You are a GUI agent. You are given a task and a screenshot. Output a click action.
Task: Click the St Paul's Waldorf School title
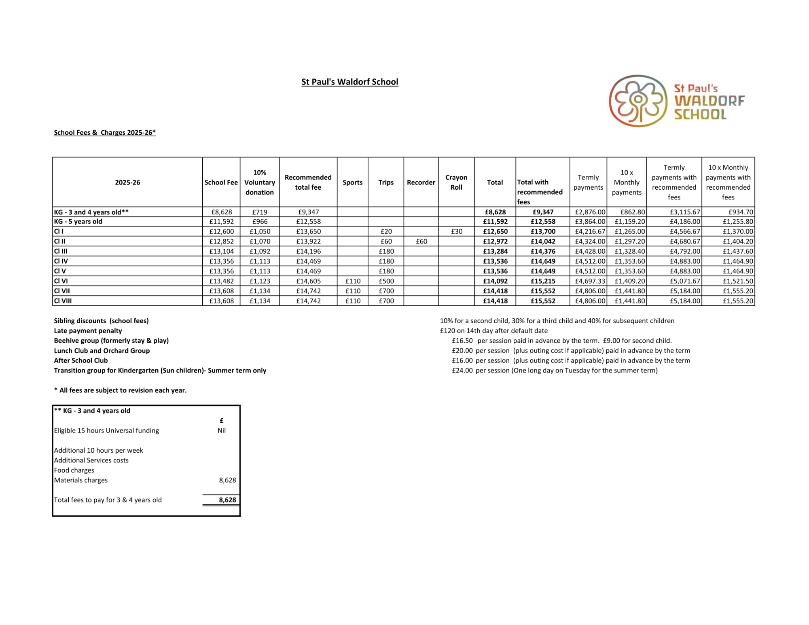pyautogui.click(x=349, y=82)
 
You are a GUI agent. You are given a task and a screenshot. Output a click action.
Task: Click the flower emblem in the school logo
pyautogui.click(x=638, y=101)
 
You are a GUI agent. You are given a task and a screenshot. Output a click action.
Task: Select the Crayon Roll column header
pyautogui.click(x=456, y=182)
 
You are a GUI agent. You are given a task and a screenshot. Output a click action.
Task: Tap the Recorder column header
pyautogui.click(x=421, y=182)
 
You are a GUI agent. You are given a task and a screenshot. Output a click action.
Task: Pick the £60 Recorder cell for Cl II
pyautogui.click(x=421, y=242)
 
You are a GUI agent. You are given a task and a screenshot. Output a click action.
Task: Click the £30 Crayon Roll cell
pyautogui.click(x=456, y=231)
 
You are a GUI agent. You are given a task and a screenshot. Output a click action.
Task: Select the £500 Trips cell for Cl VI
pyautogui.click(x=386, y=281)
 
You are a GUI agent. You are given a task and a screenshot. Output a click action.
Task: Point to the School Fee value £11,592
pyautogui.click(x=221, y=222)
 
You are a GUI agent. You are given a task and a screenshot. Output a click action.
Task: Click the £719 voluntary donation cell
pyautogui.click(x=259, y=212)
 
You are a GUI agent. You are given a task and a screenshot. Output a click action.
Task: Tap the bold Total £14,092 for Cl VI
pyautogui.click(x=495, y=281)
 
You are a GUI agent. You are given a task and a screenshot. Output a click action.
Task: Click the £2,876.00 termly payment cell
pyautogui.click(x=590, y=212)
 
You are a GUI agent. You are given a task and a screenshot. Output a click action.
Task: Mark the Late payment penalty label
pyautogui.click(x=88, y=331)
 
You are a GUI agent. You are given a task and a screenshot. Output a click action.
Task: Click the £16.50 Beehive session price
pyautogui.click(x=462, y=341)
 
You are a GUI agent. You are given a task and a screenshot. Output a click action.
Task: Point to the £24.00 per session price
pyautogui.click(x=462, y=371)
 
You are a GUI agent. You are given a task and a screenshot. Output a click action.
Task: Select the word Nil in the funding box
pyautogui.click(x=221, y=430)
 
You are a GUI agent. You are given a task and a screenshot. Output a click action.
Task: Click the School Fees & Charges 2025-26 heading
pyautogui.click(x=105, y=133)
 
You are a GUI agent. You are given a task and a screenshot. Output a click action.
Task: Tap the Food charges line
pyautogui.click(x=74, y=470)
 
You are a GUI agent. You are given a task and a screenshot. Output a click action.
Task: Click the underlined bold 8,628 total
pyautogui.click(x=227, y=500)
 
